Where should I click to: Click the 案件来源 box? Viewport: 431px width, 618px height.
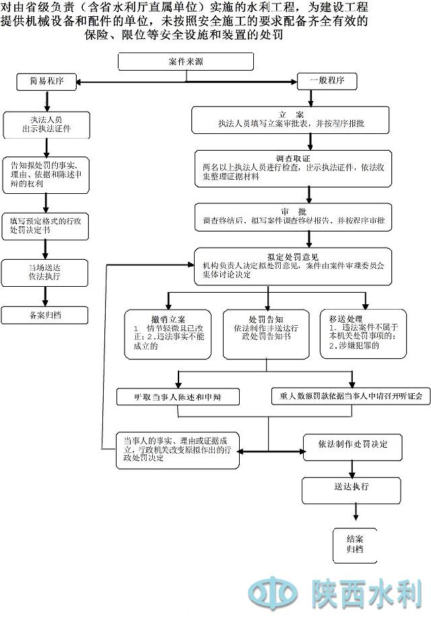[x=186, y=61]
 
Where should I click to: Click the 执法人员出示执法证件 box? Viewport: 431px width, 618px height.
[x=46, y=124]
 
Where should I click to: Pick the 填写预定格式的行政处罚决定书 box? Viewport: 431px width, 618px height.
[x=46, y=225]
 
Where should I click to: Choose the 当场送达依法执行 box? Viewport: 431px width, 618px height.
[x=45, y=271]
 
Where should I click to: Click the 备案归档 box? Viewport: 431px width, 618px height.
[x=45, y=314]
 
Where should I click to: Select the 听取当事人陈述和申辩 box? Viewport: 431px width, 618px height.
[x=178, y=397]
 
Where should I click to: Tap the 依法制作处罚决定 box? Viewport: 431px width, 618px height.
[x=353, y=445]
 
